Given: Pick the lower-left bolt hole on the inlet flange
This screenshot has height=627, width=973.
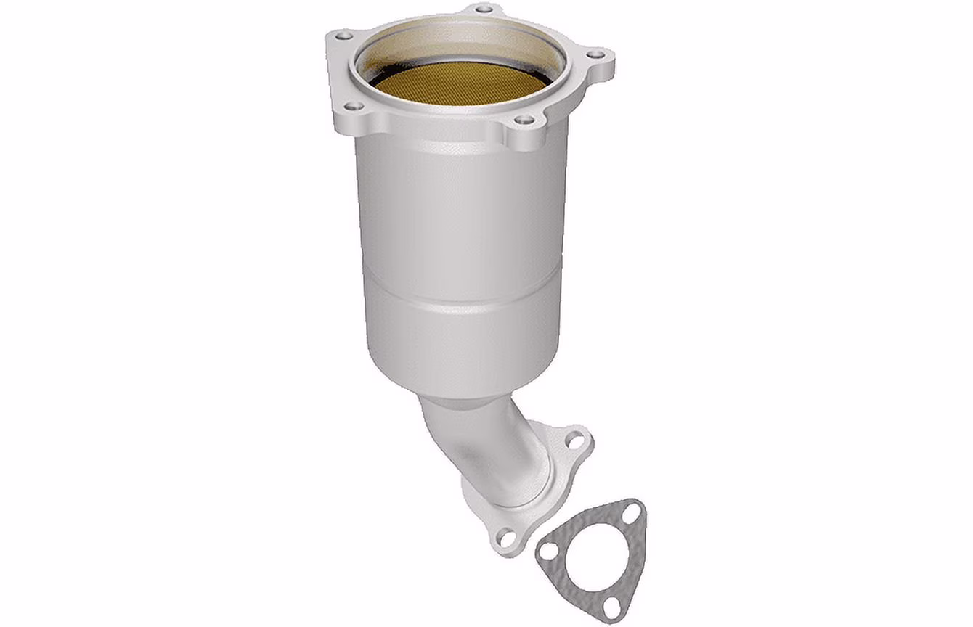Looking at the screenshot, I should (353, 106).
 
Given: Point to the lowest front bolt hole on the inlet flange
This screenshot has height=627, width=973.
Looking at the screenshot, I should (524, 120).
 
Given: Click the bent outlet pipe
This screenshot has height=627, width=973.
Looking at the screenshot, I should (483, 443).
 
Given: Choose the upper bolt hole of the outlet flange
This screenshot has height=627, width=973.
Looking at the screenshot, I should (574, 440).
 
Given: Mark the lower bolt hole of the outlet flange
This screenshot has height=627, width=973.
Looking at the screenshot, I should (506, 538).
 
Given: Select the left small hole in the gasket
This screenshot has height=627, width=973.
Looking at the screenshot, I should (550, 551).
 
